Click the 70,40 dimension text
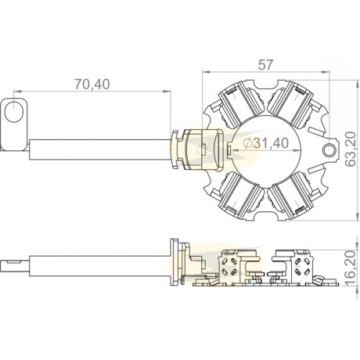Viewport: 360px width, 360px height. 92,84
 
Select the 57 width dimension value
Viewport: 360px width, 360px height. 265,65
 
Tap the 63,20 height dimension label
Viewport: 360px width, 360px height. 351,149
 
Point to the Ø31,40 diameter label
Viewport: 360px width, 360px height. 265,143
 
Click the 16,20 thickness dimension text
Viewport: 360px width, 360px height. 351,268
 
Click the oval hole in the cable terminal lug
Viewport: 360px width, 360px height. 14,112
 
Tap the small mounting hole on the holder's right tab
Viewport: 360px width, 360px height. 329,149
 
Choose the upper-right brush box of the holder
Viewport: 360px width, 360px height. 290,104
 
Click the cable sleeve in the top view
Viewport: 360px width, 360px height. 100,149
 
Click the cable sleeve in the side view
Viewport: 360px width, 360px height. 100,265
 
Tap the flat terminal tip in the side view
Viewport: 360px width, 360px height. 14,265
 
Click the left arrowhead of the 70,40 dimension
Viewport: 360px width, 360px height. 17,91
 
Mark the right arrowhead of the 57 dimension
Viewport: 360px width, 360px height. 326,71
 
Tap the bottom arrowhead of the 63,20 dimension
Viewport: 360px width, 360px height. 357,217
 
